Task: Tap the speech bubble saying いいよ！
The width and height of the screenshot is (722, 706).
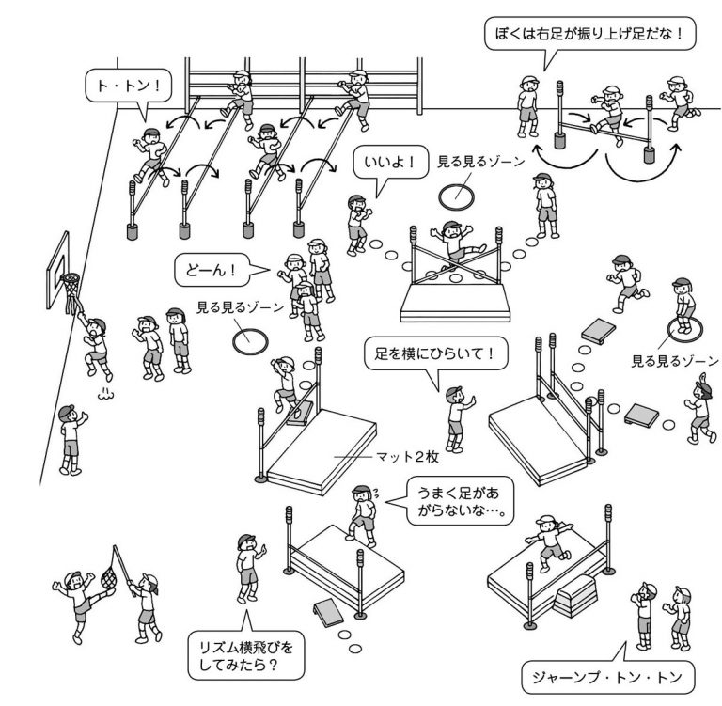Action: coord(387,164)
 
